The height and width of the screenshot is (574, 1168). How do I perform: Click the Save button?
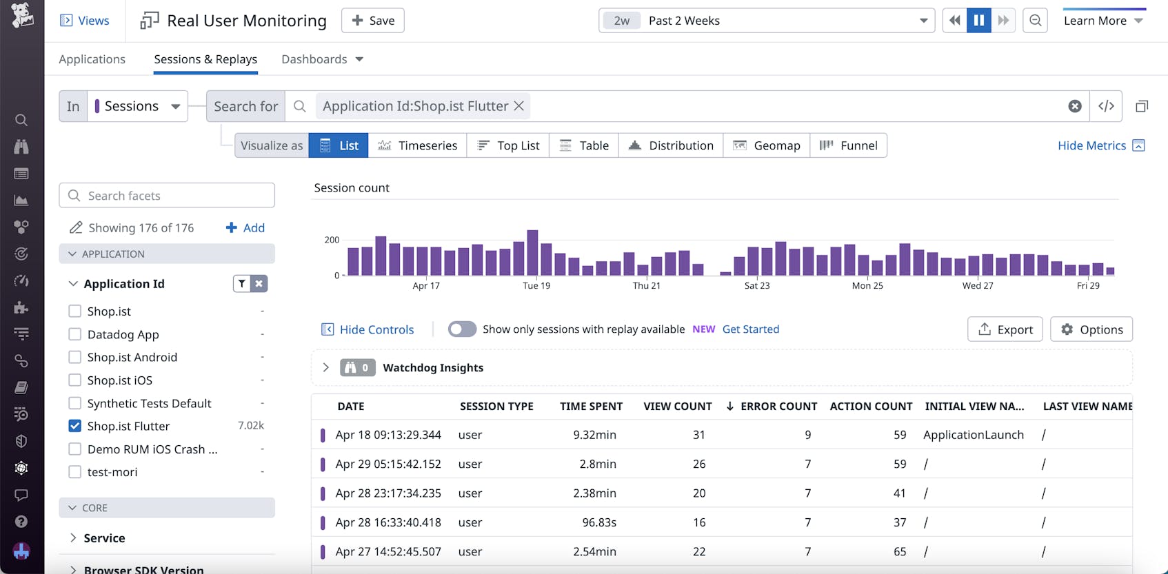pyautogui.click(x=372, y=21)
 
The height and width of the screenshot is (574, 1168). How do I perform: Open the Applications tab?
pyautogui.click(x=92, y=59)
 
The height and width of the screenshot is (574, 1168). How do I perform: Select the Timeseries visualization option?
pyautogui.click(x=417, y=145)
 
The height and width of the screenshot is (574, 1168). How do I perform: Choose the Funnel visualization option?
pyautogui.click(x=848, y=145)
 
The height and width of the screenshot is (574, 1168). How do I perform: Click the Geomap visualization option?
pyautogui.click(x=766, y=145)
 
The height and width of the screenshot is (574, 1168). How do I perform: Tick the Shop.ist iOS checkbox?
pyautogui.click(x=75, y=380)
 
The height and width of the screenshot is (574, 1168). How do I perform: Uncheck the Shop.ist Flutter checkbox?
pyautogui.click(x=75, y=426)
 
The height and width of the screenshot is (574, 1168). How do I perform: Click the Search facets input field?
pyautogui.click(x=167, y=196)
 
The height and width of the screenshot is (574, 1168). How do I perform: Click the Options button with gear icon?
pyautogui.click(x=1091, y=329)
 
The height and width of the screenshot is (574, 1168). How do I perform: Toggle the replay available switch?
pyautogui.click(x=462, y=329)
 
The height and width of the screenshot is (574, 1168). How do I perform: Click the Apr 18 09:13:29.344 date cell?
pyautogui.click(x=388, y=435)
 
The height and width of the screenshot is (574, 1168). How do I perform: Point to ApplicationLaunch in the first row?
pyautogui.click(x=973, y=435)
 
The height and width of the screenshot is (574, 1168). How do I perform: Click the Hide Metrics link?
pyautogui.click(x=1091, y=145)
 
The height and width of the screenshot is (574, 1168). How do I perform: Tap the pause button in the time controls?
pyautogui.click(x=978, y=21)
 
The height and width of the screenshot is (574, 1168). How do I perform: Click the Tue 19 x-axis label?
pyautogui.click(x=536, y=285)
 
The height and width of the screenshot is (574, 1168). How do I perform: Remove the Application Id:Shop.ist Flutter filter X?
pyautogui.click(x=519, y=106)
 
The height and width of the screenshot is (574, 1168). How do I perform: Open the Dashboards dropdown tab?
pyautogui.click(x=321, y=59)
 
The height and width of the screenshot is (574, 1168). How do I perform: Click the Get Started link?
pyautogui.click(x=750, y=329)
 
